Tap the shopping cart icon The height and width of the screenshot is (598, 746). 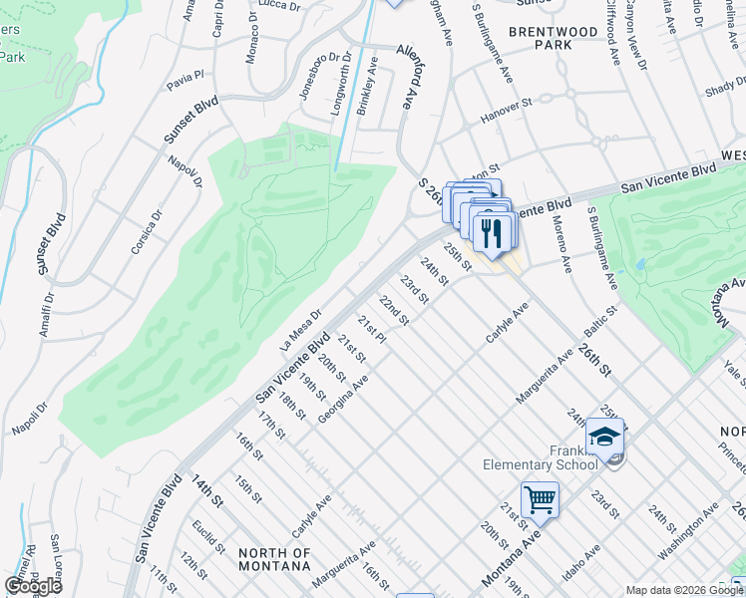click(x=540, y=498)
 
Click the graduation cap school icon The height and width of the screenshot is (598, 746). click(x=604, y=436)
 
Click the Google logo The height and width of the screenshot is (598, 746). click(x=33, y=586)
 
